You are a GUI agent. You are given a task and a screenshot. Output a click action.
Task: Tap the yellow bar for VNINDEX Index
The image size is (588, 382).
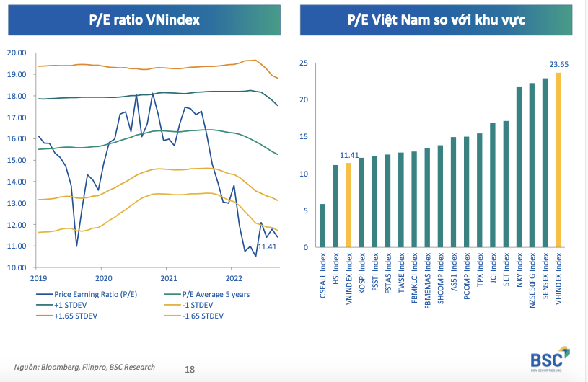(348, 205)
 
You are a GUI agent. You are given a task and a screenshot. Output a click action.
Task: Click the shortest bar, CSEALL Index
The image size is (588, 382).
(322, 226)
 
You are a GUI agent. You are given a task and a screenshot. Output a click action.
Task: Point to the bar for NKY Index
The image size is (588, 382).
(519, 167)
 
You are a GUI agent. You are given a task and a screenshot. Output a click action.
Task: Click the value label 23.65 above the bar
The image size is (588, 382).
(558, 65)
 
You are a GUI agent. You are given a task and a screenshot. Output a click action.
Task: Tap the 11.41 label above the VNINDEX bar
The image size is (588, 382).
(346, 155)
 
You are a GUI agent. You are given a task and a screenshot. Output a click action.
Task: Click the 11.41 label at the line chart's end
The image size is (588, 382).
(268, 247)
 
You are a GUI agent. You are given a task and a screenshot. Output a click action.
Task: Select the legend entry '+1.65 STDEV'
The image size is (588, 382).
(76, 316)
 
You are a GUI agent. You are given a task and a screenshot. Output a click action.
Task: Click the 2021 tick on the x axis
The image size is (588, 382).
(169, 277)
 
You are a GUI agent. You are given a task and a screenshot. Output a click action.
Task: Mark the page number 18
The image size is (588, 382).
(190, 370)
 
